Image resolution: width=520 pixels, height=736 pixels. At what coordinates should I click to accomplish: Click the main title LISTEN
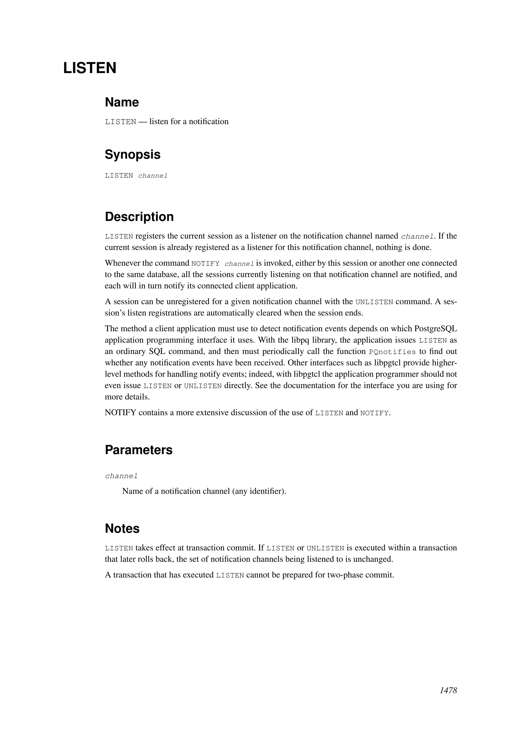pyautogui.click(x=90, y=68)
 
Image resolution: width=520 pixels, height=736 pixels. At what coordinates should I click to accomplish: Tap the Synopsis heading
pyautogui.click(x=133, y=155)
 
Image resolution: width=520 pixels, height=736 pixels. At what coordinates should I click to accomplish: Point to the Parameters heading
pyautogui.click(x=139, y=450)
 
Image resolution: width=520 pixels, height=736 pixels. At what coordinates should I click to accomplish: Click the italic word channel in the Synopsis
pyautogui.click(x=153, y=176)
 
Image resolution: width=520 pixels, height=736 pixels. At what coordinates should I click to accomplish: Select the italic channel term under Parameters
pyautogui.click(x=121, y=476)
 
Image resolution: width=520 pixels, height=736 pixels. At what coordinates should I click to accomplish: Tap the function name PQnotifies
pyautogui.click(x=392, y=352)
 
